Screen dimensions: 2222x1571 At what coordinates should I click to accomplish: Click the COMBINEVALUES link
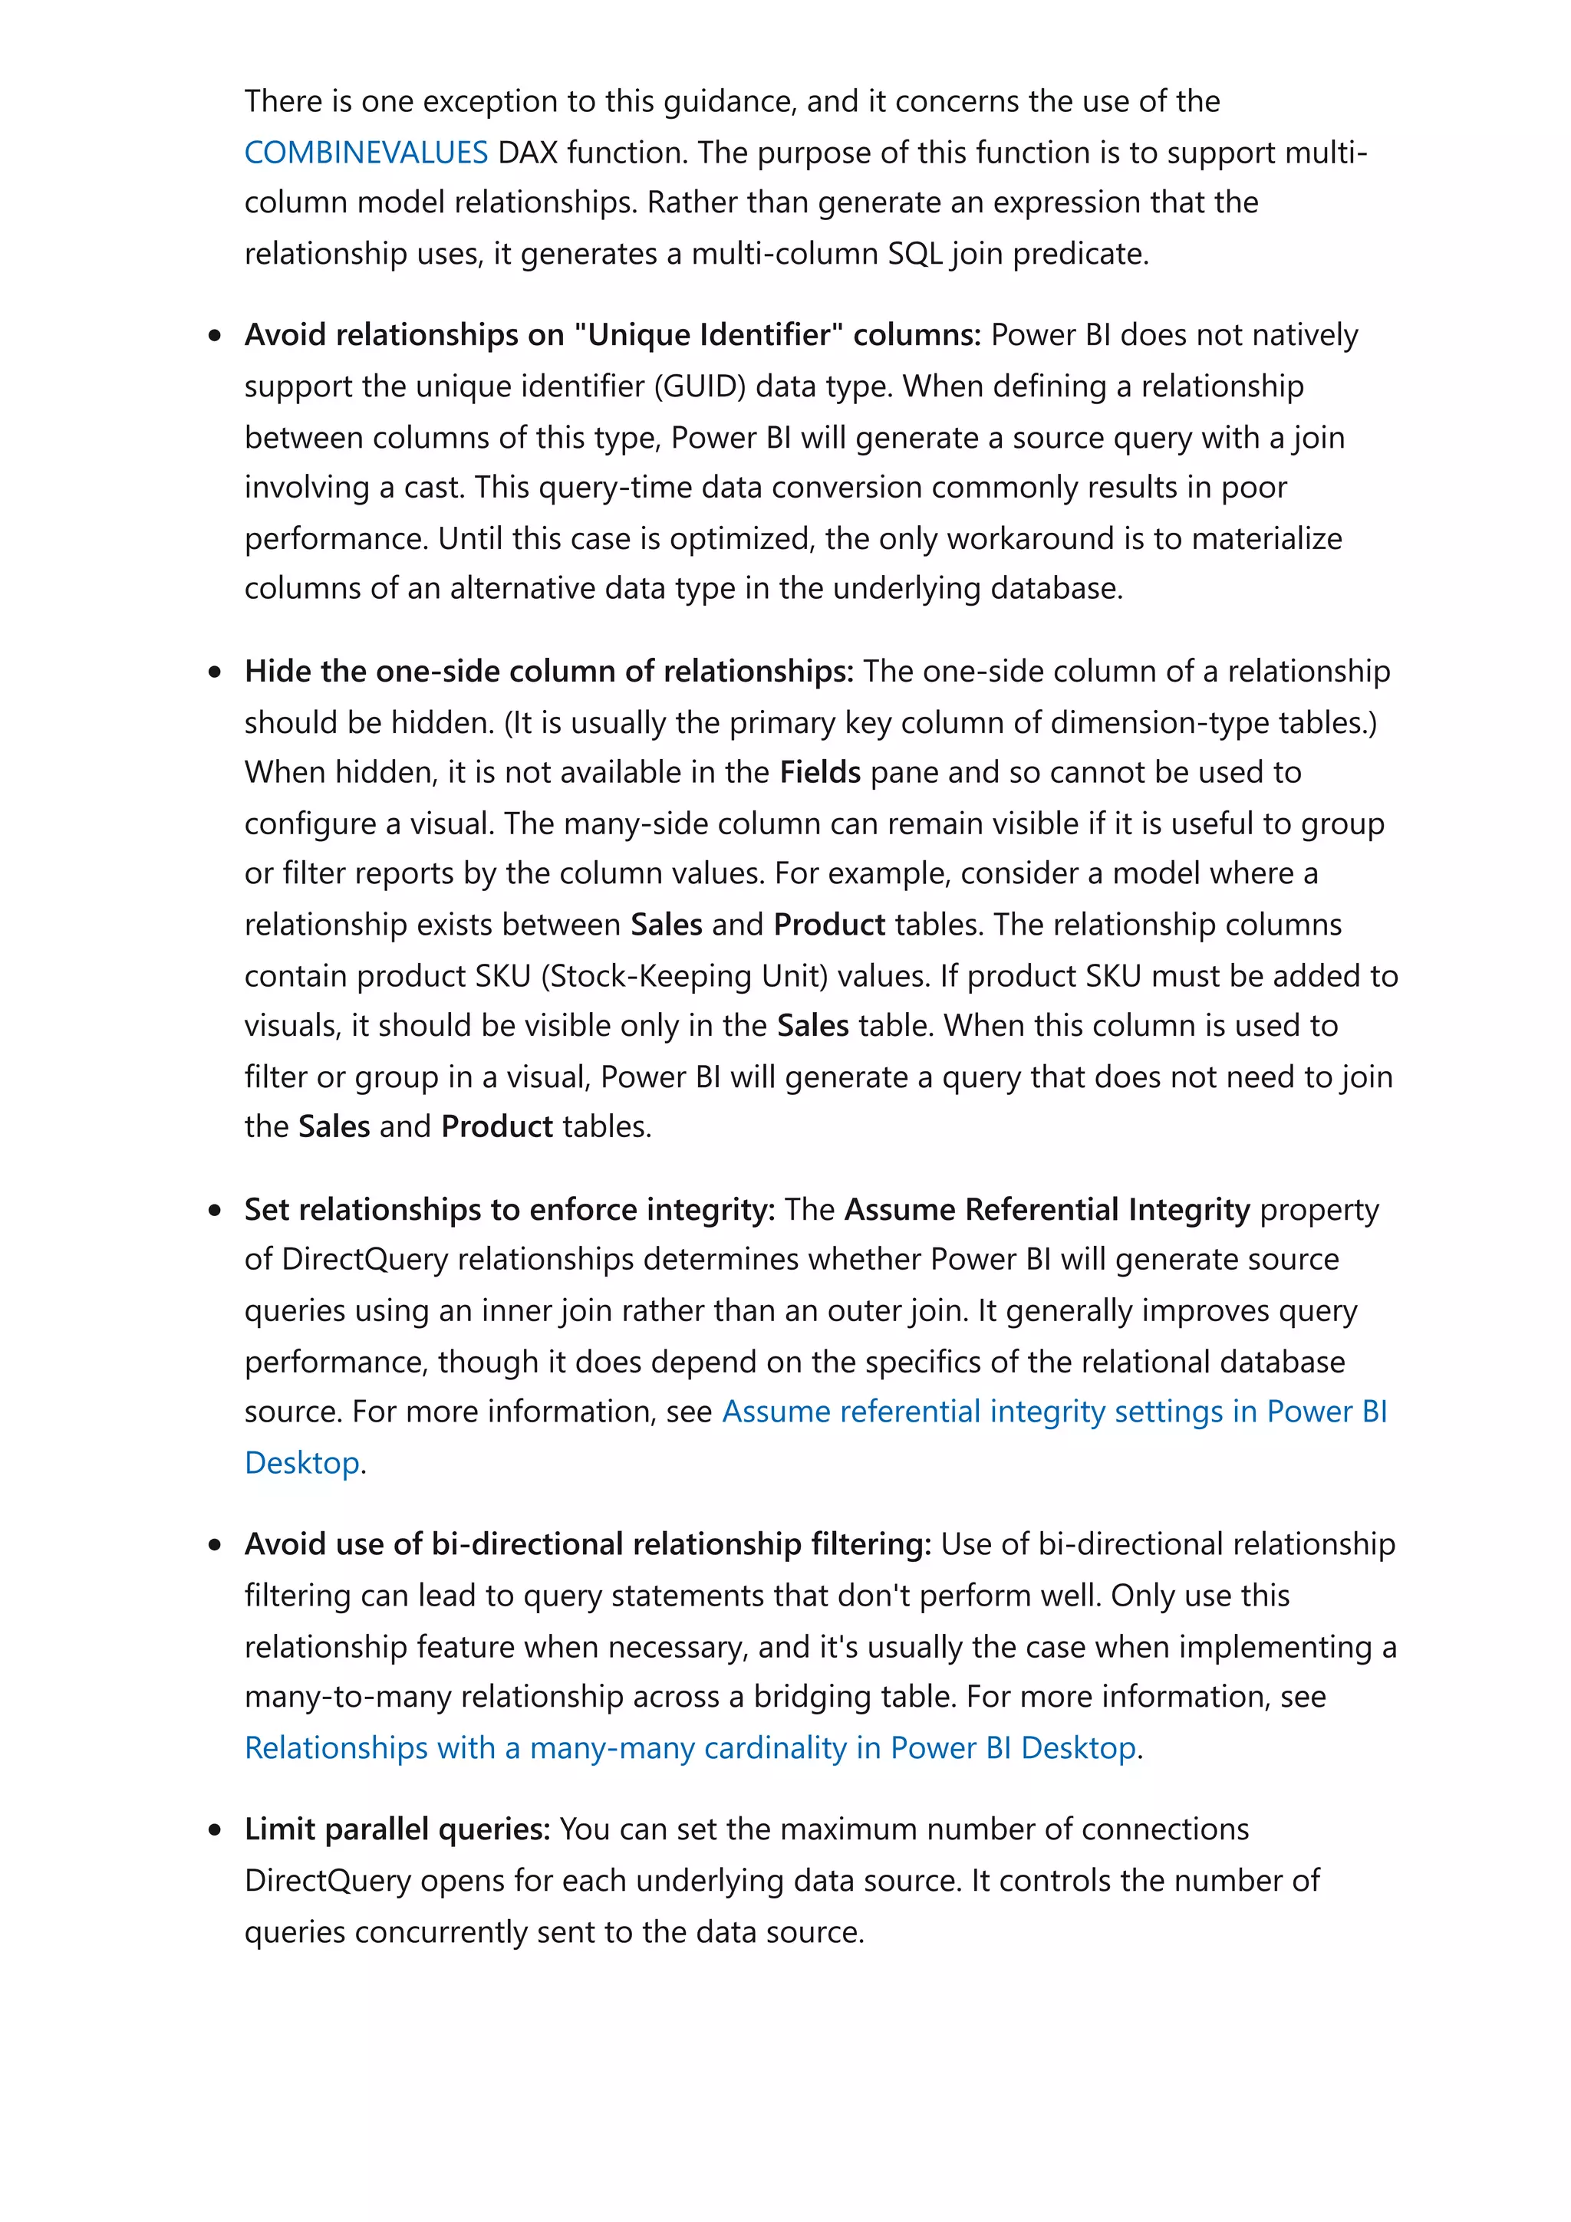(366, 152)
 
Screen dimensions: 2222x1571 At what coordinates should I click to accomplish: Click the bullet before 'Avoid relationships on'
(215, 336)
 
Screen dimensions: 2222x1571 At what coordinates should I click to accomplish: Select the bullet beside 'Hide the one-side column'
(215, 672)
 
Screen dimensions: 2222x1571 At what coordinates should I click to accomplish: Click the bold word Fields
(820, 772)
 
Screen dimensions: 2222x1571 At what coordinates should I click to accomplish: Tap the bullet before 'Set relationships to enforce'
(215, 1211)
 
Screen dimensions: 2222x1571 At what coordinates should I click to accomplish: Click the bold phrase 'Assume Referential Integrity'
(1047, 1210)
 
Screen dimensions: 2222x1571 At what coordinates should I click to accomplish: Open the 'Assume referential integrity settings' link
(1054, 1412)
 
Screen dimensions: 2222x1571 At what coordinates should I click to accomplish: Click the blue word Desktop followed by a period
(302, 1462)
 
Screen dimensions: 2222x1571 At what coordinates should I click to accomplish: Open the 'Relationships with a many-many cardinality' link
(689, 1748)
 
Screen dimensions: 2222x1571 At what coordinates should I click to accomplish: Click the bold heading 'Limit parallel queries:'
(397, 1829)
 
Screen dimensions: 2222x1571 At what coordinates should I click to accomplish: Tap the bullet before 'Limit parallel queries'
(215, 1831)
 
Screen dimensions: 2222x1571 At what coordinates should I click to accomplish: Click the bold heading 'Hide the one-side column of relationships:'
(548, 672)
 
